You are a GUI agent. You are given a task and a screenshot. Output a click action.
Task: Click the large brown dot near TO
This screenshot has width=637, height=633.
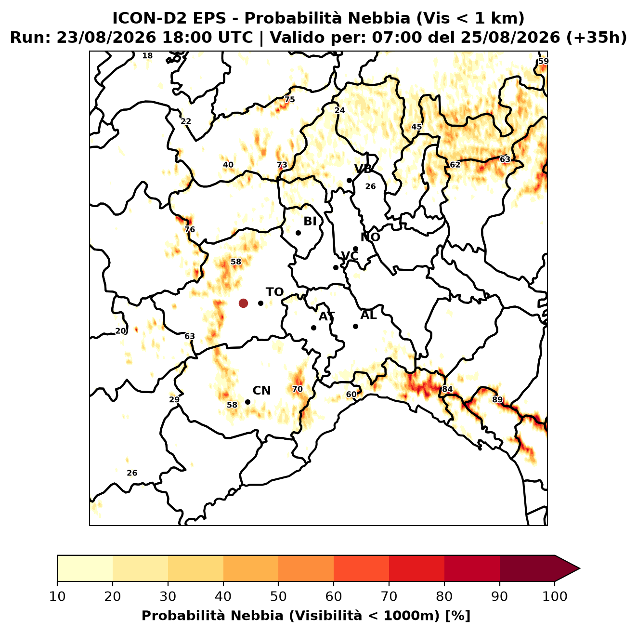tap(243, 303)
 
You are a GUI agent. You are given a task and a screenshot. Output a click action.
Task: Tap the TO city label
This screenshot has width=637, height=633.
tap(275, 292)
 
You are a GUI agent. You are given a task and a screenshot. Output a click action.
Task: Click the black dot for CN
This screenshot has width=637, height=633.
tap(247, 402)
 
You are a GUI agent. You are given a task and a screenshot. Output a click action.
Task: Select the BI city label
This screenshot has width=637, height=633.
tap(310, 221)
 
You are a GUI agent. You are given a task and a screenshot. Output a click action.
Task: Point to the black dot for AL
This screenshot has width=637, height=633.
tap(355, 326)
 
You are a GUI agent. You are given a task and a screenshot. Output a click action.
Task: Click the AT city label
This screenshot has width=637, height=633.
tap(326, 316)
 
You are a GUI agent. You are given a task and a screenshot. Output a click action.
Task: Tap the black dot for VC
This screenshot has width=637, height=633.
tap(336, 267)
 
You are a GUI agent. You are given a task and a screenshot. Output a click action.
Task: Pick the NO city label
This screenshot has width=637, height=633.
tap(370, 237)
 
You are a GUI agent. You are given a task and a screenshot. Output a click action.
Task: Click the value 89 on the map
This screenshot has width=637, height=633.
tap(497, 399)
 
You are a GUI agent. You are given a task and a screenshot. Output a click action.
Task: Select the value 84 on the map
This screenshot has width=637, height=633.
tap(447, 389)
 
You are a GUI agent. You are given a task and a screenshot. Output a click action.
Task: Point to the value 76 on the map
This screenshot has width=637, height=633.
tap(190, 229)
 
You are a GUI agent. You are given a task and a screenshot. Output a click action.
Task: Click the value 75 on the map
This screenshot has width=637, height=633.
tap(289, 100)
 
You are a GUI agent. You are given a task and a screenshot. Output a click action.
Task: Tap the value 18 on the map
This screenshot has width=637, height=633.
tap(147, 55)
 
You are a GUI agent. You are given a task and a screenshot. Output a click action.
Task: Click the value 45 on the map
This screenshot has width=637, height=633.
tap(416, 127)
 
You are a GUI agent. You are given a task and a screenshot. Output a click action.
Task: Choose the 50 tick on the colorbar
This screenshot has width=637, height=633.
tap(278, 596)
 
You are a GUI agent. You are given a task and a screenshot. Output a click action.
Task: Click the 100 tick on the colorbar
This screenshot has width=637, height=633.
tap(555, 596)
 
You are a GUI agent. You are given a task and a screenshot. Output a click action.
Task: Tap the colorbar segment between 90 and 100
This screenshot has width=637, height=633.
tap(527, 568)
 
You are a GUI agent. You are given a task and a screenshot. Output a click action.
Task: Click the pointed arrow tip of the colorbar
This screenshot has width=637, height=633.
tap(580, 568)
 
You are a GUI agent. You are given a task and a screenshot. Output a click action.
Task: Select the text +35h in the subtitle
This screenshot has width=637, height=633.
tap(597, 38)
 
